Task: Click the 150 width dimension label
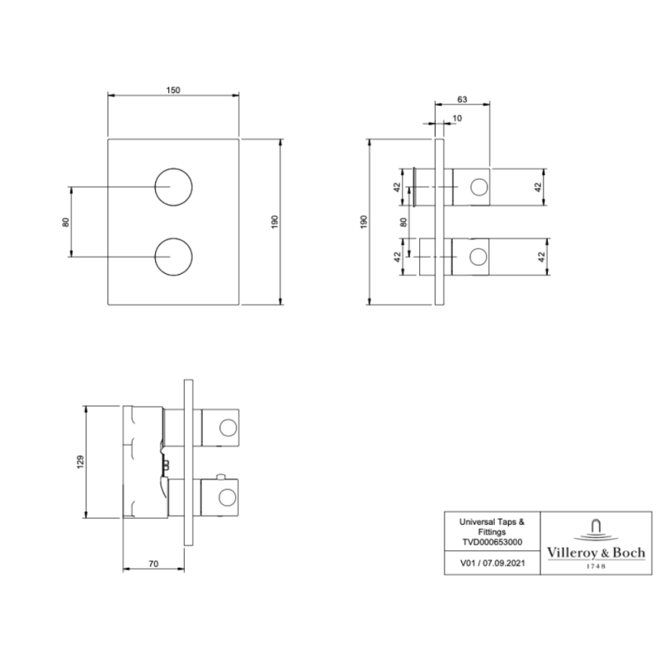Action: [173, 90]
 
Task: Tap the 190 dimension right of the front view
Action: [275, 221]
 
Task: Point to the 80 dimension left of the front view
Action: [66, 222]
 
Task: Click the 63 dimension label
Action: [462, 99]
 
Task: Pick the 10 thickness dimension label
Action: [457, 118]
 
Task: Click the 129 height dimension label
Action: [80, 462]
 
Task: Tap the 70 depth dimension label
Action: [153, 563]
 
